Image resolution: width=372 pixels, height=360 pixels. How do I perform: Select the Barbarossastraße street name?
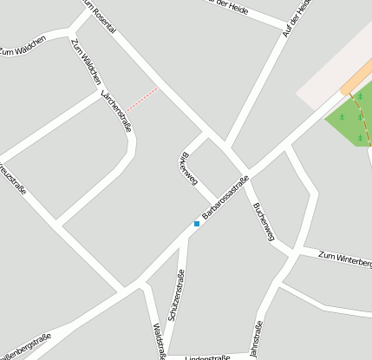(x=225, y=196)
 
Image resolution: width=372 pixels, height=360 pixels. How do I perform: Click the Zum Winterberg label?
(x=344, y=257)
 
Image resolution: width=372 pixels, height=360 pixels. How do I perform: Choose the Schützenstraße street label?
(x=176, y=296)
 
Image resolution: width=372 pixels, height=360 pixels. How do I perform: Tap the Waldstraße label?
(x=160, y=341)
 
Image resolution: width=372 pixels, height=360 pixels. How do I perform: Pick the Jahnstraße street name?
(x=256, y=338)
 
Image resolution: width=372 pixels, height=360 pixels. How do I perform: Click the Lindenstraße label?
(x=207, y=357)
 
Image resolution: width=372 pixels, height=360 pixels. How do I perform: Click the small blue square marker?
(x=197, y=224)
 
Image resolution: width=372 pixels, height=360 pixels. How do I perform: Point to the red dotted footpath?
(x=143, y=100)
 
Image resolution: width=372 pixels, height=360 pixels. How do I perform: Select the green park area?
(x=351, y=122)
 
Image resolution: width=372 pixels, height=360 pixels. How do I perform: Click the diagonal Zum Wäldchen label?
(x=85, y=62)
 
